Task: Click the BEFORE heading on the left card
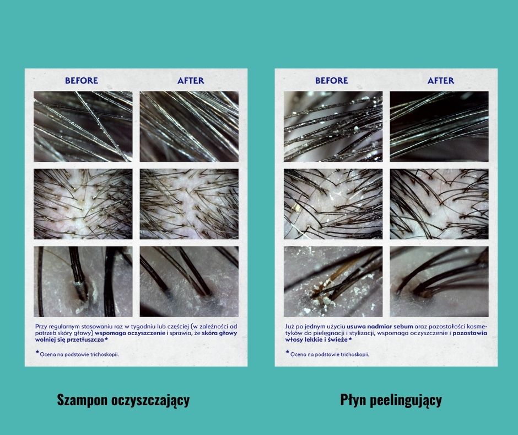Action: [81, 81]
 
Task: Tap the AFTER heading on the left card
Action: [191, 81]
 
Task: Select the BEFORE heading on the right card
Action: [331, 81]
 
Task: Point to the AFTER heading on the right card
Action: [441, 81]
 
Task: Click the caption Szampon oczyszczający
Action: [123, 400]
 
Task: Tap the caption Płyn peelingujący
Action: [391, 400]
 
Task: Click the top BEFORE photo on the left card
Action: [83, 126]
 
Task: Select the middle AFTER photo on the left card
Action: [189, 204]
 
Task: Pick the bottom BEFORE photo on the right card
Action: [333, 282]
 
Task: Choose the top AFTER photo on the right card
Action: [439, 126]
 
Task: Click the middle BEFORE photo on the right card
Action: [333, 204]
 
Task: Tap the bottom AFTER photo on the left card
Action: [189, 282]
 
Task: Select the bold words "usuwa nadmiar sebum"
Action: [380, 326]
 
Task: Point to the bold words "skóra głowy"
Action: [219, 333]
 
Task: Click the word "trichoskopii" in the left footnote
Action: [104, 354]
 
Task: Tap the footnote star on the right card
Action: [288, 352]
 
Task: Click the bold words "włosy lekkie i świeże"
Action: [316, 339]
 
